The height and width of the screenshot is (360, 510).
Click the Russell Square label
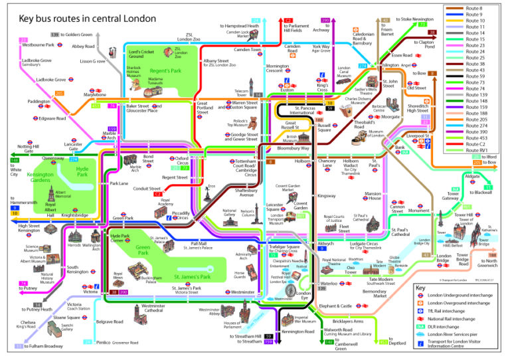324,127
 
